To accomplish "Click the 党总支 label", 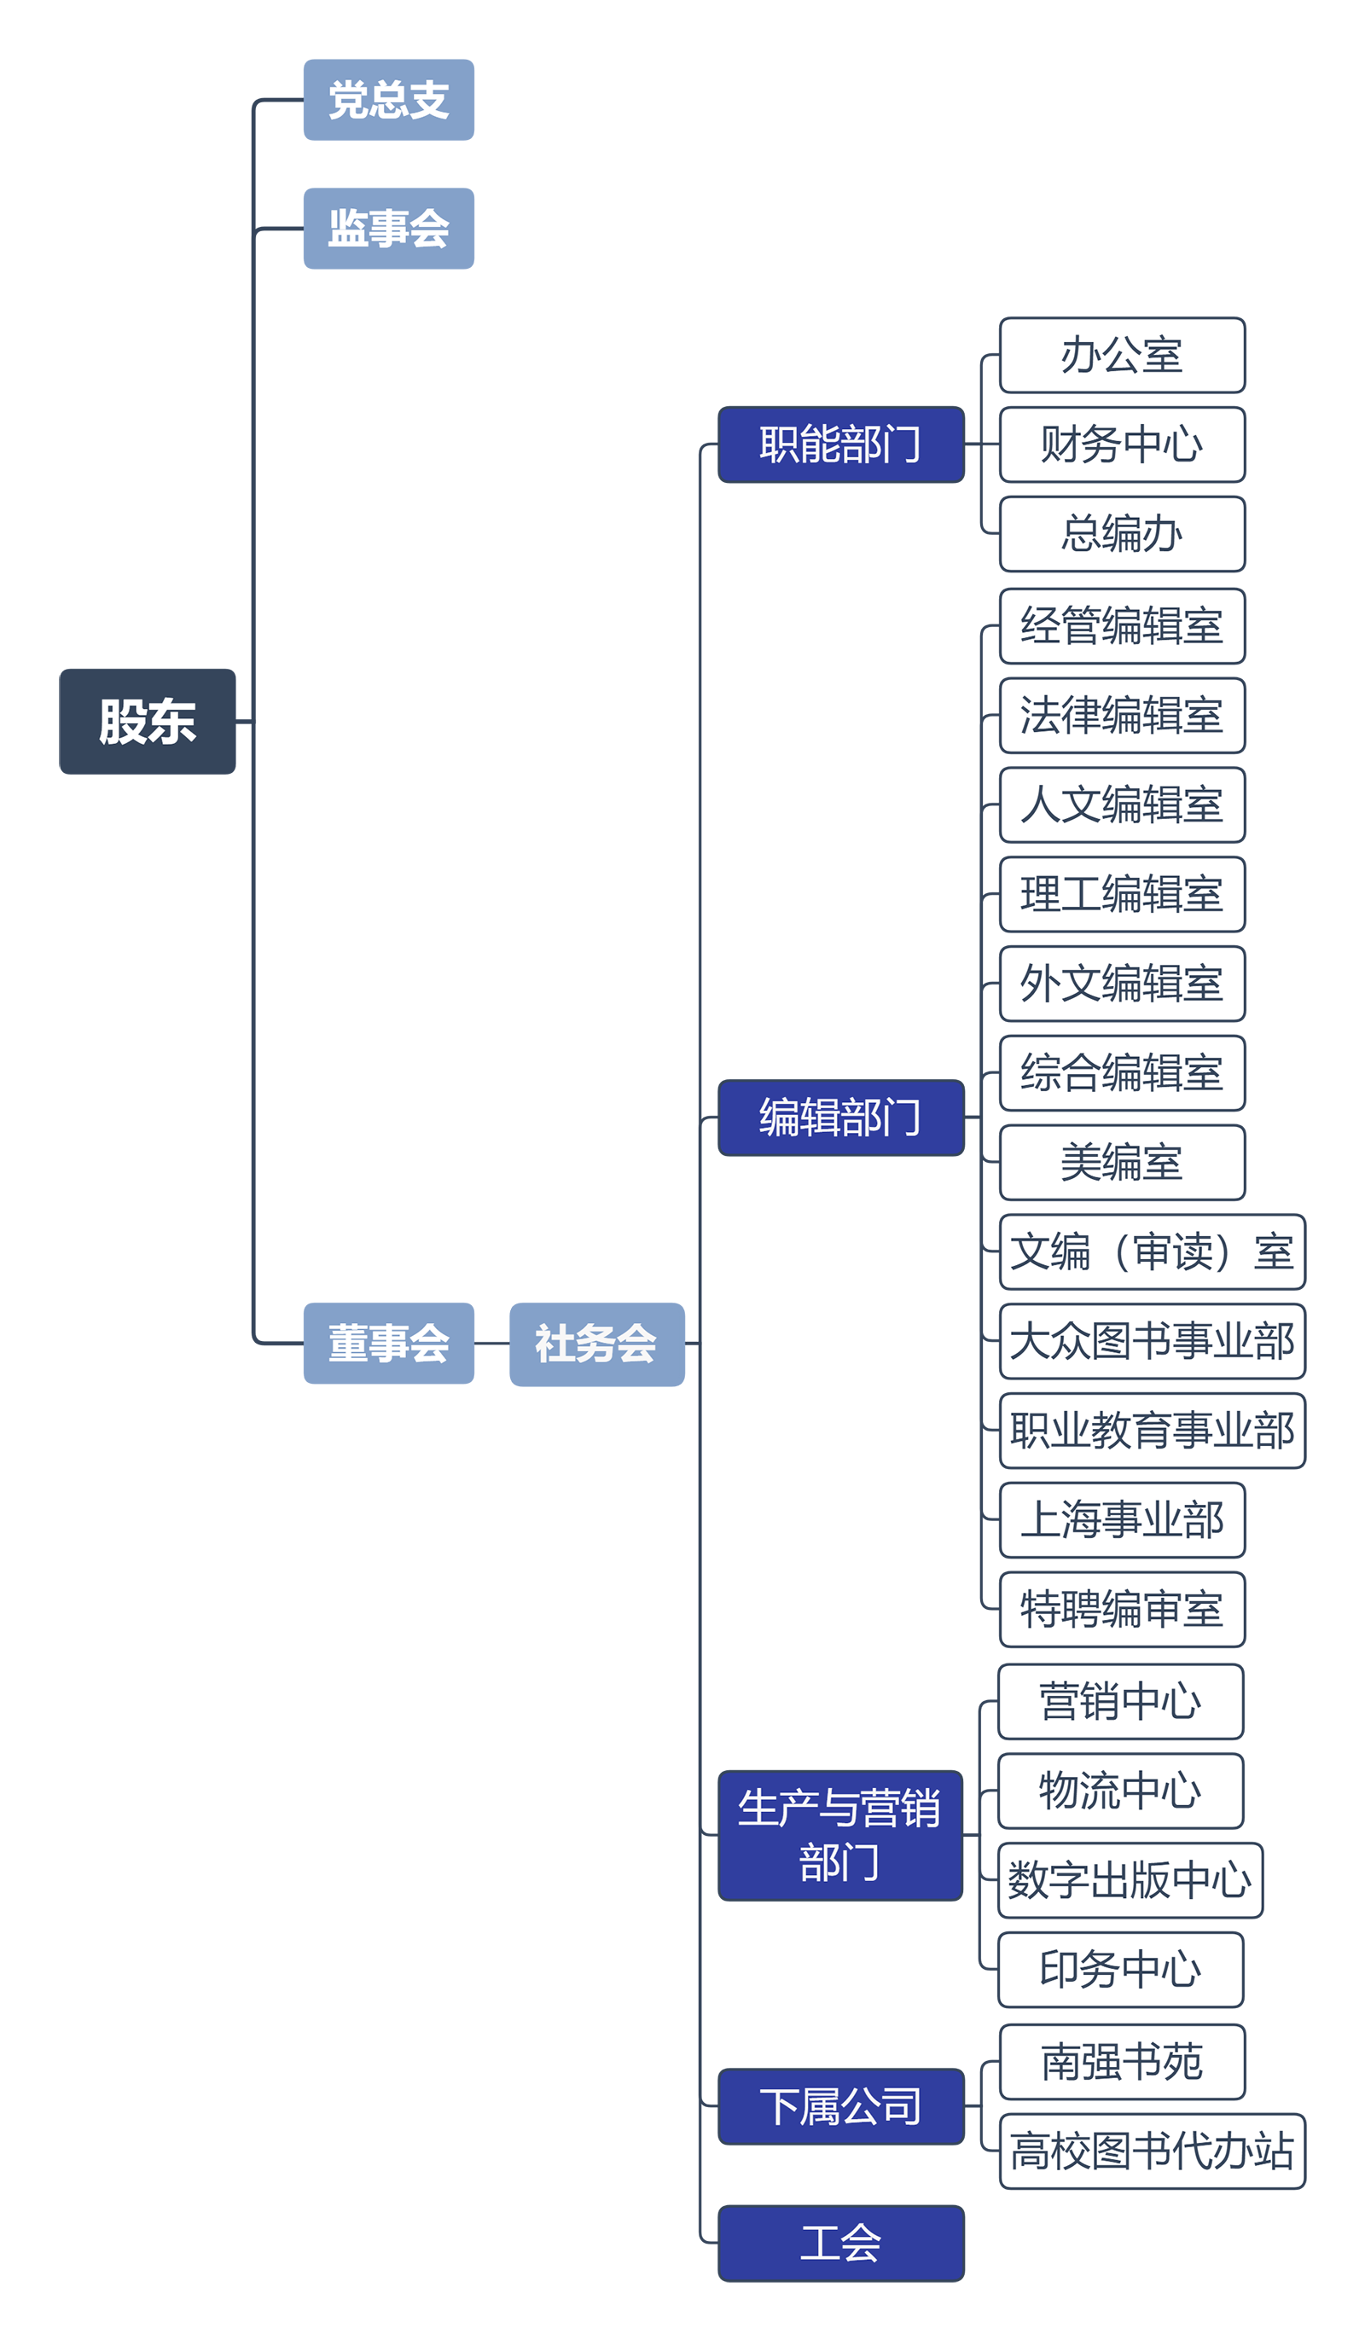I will pyautogui.click(x=388, y=101).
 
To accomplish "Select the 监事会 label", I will pyautogui.click(x=388, y=229).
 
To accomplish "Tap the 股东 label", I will pyautogui.click(x=148, y=723).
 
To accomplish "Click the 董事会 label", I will pyautogui.click(x=388, y=1344).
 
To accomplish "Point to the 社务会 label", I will pyautogui.click(x=595, y=1344).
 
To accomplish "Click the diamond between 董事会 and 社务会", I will pyautogui.click(x=492, y=1343).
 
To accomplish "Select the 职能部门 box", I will pyautogui.click(x=840, y=444).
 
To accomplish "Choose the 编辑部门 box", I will pyautogui.click(x=840, y=1117).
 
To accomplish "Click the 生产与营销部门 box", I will pyautogui.click(x=840, y=1835).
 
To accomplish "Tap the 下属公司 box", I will pyautogui.click(x=840, y=2106).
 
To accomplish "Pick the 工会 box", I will pyautogui.click(x=840, y=2243).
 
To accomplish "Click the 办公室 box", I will pyautogui.click(x=1122, y=356).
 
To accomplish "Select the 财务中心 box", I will pyautogui.click(x=1122, y=444).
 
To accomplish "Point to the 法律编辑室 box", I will pyautogui.click(x=1122, y=716).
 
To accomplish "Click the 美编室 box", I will pyautogui.click(x=1122, y=1163).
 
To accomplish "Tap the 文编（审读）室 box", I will pyautogui.click(x=1152, y=1251).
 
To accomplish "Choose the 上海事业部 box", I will pyautogui.click(x=1122, y=1520).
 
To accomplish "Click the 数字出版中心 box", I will pyautogui.click(x=1130, y=1879).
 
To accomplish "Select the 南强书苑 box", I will pyautogui.click(x=1122, y=2061).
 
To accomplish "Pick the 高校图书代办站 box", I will pyautogui.click(x=1152, y=2151).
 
